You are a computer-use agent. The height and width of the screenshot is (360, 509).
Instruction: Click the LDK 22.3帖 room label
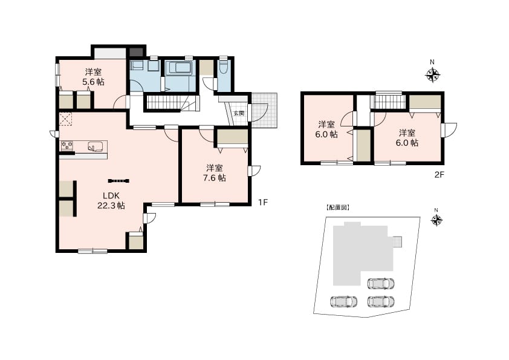pos(111,200)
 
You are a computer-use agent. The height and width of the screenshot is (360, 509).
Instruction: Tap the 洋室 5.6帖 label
pos(93,77)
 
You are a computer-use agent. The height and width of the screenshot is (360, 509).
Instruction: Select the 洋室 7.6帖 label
pos(215,173)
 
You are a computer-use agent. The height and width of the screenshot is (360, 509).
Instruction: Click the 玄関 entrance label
pos(239,113)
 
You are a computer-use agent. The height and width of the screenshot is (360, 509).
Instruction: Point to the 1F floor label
pos(262,203)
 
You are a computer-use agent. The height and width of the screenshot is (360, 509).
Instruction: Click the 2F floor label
pos(439,175)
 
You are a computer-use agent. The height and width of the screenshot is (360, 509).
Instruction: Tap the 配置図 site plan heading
pos(337,208)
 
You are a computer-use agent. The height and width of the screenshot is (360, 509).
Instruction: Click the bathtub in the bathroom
pos(179,68)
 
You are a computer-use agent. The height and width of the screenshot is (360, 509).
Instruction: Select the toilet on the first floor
pos(222,68)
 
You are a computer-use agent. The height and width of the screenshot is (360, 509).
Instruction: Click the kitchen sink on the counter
pos(96,146)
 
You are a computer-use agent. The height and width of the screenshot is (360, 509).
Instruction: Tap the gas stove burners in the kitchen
pos(67,145)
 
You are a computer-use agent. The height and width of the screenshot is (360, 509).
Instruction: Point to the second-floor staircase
pos(389,102)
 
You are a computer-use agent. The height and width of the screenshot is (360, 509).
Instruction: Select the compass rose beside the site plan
pos(436,221)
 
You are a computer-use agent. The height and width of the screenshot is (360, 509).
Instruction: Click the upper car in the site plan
pos(381,283)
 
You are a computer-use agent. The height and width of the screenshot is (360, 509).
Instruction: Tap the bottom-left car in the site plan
pos(343,301)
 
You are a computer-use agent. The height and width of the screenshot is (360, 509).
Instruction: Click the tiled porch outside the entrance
pos(264,111)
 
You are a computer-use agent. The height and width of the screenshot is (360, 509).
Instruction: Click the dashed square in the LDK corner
pos(66,119)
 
